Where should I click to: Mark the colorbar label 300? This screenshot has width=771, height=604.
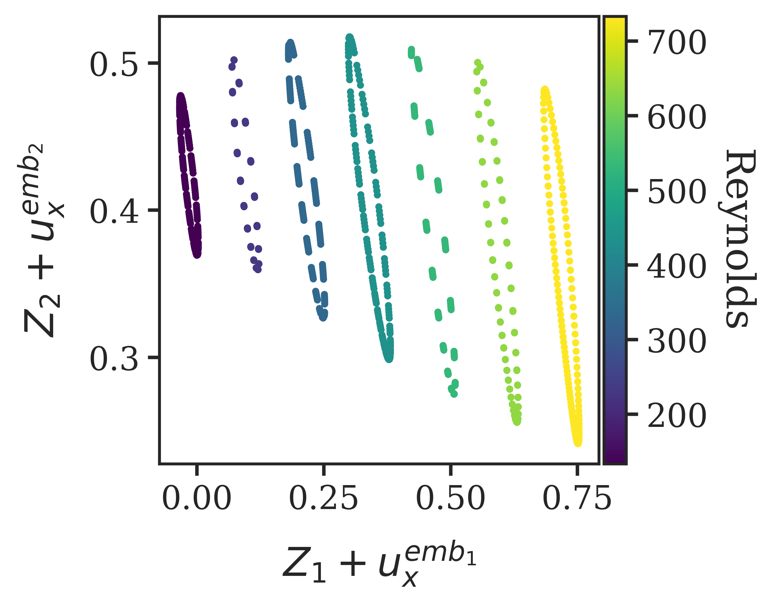(x=677, y=341)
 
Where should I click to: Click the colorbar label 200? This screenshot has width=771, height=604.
(x=677, y=416)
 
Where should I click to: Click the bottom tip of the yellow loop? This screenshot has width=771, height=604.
(x=578, y=443)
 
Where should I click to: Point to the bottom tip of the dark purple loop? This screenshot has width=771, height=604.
(x=197, y=255)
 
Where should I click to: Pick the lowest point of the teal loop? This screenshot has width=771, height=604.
(x=389, y=359)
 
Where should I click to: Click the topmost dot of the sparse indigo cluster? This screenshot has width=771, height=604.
(x=234, y=60)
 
